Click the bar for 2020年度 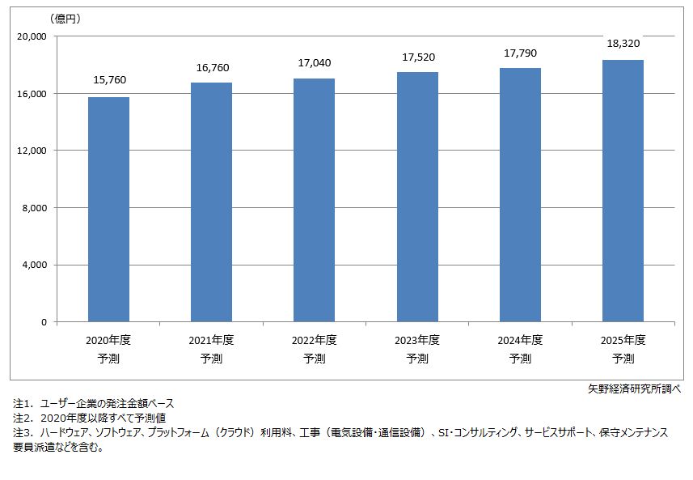pyautogui.click(x=108, y=210)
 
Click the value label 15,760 pyautogui.click(x=109, y=80)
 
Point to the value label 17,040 pyautogui.click(x=314, y=63)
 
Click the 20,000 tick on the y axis pyautogui.click(x=32, y=36)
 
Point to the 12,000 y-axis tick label pyautogui.click(x=32, y=151)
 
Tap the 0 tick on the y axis pyautogui.click(x=44, y=322)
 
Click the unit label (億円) pyautogui.click(x=65, y=18)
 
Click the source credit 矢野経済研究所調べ pyautogui.click(x=634, y=389)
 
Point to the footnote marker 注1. pyautogui.click(x=21, y=403)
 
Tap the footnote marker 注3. pyautogui.click(x=21, y=433)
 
